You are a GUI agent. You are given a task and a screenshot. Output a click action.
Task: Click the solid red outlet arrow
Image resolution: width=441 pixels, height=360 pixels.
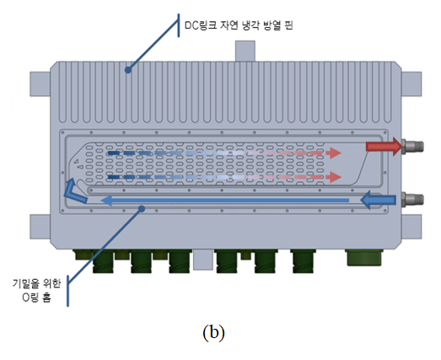pos(385,147)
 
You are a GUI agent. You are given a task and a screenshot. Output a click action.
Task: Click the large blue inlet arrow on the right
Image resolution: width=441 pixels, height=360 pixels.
pos(378,200)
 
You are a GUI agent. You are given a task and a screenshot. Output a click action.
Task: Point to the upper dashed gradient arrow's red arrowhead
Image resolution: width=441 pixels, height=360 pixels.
pos(336,153)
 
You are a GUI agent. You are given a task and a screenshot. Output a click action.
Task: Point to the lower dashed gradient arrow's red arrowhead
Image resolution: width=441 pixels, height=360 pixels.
pos(336,177)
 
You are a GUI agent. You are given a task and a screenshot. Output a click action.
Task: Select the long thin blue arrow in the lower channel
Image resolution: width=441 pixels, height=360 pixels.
pos(225,201)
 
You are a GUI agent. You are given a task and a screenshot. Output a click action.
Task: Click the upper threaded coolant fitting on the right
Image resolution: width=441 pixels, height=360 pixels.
pos(413,146)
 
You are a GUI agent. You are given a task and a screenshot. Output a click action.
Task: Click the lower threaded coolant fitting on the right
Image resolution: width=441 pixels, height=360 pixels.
pos(413,200)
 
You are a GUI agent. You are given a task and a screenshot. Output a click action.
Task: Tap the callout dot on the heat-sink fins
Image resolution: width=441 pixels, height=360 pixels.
pos(128,70)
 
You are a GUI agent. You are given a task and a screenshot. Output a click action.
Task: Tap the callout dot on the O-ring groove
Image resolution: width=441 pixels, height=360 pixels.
pos(142,209)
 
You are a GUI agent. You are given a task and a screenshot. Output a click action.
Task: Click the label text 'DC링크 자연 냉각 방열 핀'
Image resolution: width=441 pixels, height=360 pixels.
pos(239,25)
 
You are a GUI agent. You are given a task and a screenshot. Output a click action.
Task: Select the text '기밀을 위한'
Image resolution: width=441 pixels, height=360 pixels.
pos(36,283)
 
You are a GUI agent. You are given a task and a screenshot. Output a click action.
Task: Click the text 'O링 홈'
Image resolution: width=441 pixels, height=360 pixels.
pos(37,298)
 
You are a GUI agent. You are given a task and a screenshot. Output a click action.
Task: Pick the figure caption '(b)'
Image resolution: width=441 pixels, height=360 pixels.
pos(213,333)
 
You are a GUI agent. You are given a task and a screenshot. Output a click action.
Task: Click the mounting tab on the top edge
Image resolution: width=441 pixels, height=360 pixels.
pos(245,51)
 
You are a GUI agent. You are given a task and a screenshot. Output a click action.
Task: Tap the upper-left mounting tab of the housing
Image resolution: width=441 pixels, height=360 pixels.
pos(40,84)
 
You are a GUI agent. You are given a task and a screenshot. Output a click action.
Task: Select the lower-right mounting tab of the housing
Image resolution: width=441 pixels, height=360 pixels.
pos(411,227)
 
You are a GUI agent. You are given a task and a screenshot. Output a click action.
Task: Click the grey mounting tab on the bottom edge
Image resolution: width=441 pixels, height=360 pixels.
pos(202,260)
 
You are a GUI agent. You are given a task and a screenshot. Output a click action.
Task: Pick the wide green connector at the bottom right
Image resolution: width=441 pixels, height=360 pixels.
pos(364,257)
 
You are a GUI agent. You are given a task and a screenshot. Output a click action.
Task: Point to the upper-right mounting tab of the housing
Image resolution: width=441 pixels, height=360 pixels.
pos(411,84)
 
